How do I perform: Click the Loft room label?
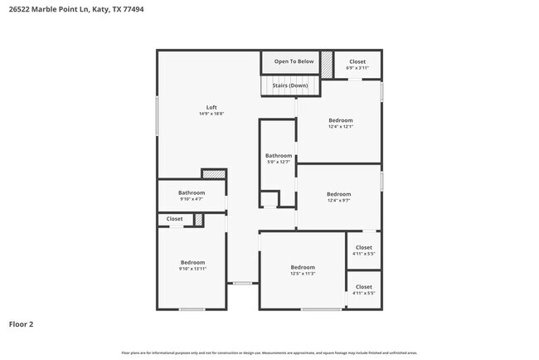[x=211, y=107]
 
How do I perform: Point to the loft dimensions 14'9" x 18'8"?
[x=211, y=114]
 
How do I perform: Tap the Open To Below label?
[x=294, y=61]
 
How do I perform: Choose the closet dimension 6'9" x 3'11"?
[x=357, y=68]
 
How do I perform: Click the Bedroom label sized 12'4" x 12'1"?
[x=340, y=120]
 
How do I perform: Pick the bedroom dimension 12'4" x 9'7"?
[x=338, y=201]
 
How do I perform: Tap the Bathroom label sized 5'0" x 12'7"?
[x=279, y=155]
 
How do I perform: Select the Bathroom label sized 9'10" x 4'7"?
[x=192, y=192]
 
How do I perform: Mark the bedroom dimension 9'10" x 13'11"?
[x=192, y=269]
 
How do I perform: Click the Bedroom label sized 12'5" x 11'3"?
[x=303, y=267]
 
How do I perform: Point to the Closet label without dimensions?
[x=175, y=219]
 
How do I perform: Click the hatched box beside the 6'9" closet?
[x=327, y=64]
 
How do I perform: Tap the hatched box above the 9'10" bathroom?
[x=214, y=174]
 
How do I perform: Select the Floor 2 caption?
[x=21, y=324]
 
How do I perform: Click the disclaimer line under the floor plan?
[x=269, y=353]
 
